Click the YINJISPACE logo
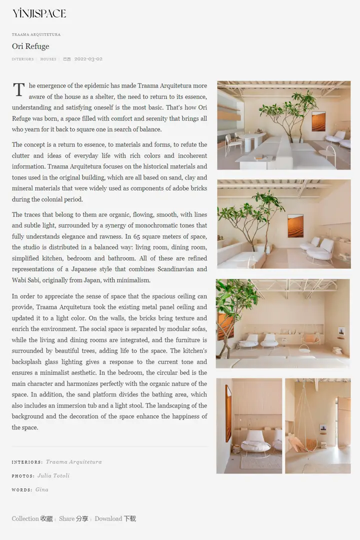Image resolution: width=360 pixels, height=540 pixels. [39, 13]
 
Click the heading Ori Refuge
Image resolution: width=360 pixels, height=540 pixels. [30, 46]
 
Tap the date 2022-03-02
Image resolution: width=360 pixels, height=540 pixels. [88, 59]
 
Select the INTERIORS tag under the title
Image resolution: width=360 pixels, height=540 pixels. [23, 59]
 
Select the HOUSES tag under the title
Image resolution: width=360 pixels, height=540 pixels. [48, 59]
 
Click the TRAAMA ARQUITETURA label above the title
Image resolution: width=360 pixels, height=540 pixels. [36, 34]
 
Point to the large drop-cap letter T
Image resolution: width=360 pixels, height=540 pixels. [18, 90]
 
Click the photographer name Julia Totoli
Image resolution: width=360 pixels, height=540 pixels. [53, 475]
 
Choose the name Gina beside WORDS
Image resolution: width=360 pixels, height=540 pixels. [42, 489]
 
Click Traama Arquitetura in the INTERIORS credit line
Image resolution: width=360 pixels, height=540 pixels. [73, 462]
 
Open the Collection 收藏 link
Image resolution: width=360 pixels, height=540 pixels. [32, 518]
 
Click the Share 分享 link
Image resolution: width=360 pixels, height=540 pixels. [73, 518]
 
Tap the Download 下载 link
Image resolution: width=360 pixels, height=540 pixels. [115, 518]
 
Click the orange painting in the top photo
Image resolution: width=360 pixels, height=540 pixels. [318, 121]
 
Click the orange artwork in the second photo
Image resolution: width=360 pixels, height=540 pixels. [295, 225]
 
